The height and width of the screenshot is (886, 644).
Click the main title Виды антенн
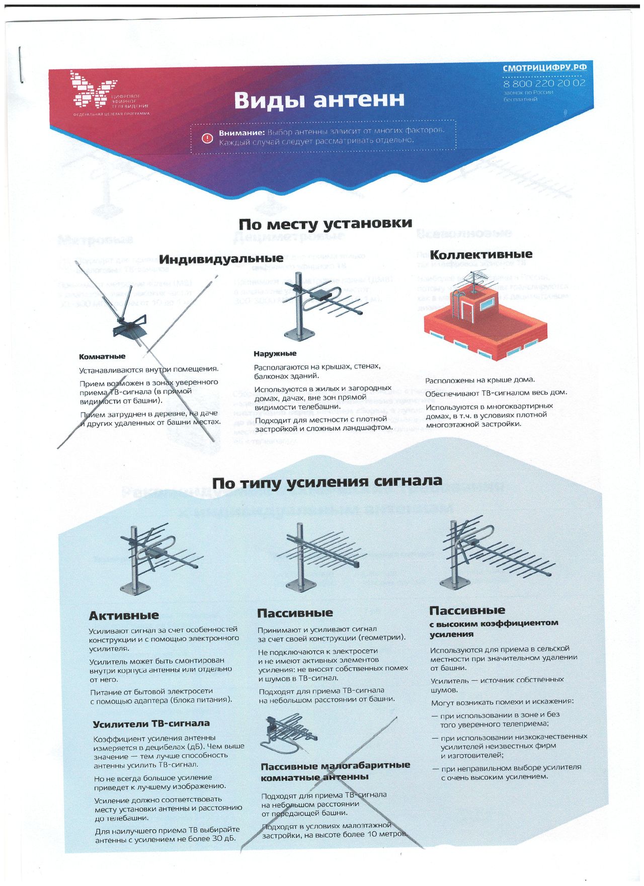pos(319,100)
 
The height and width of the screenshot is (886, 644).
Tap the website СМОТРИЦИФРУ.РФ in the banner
pos(544,68)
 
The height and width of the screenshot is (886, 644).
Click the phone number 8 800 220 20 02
pos(544,83)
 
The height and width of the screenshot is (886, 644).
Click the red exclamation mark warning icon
pos(207,138)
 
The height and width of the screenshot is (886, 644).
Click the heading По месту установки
pos(325,223)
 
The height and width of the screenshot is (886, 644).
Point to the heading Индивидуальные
pos(221,259)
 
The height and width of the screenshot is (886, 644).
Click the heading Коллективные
pos(480,254)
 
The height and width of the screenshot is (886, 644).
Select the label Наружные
pos(275,354)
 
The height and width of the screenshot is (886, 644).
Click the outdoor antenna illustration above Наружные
pos(322,304)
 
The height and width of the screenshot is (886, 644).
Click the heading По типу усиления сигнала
pos(327,482)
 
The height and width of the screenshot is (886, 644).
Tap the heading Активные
pos(124,615)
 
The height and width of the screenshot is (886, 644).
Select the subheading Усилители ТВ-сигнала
pos(151,723)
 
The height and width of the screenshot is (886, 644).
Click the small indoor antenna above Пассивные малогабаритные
pos(289,733)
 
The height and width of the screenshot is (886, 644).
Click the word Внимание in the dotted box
pos(242,133)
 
